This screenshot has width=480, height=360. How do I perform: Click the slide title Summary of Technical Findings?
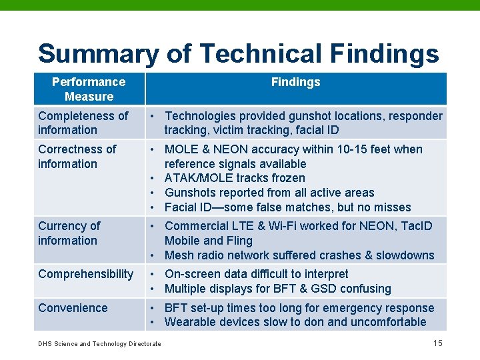[x=238, y=53]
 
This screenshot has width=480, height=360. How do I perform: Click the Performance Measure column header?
[x=89, y=89]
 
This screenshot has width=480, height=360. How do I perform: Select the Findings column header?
[x=295, y=82]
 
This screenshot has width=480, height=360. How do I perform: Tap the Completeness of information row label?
[x=83, y=123]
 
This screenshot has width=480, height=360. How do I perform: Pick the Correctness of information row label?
[x=77, y=157]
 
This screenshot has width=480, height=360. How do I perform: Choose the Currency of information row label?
[x=69, y=233]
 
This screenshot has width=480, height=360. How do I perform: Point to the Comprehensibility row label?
[x=85, y=274]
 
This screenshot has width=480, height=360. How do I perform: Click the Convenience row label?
[x=73, y=308]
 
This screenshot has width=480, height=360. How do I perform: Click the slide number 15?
[x=437, y=343]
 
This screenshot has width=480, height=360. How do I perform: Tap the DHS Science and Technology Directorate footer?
[x=99, y=343]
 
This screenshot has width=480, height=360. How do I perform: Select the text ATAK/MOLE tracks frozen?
[x=235, y=178]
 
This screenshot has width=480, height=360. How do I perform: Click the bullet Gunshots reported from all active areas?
[x=269, y=193]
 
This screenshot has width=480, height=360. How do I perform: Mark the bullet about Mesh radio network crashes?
[x=299, y=255]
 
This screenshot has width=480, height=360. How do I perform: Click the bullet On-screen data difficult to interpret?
[x=256, y=274]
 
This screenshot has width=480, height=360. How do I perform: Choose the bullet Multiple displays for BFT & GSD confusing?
[x=277, y=289]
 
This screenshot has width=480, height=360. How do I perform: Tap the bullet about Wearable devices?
[x=295, y=322]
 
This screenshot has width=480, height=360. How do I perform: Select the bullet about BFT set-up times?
[x=299, y=308]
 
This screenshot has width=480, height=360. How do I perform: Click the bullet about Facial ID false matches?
[x=287, y=207]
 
